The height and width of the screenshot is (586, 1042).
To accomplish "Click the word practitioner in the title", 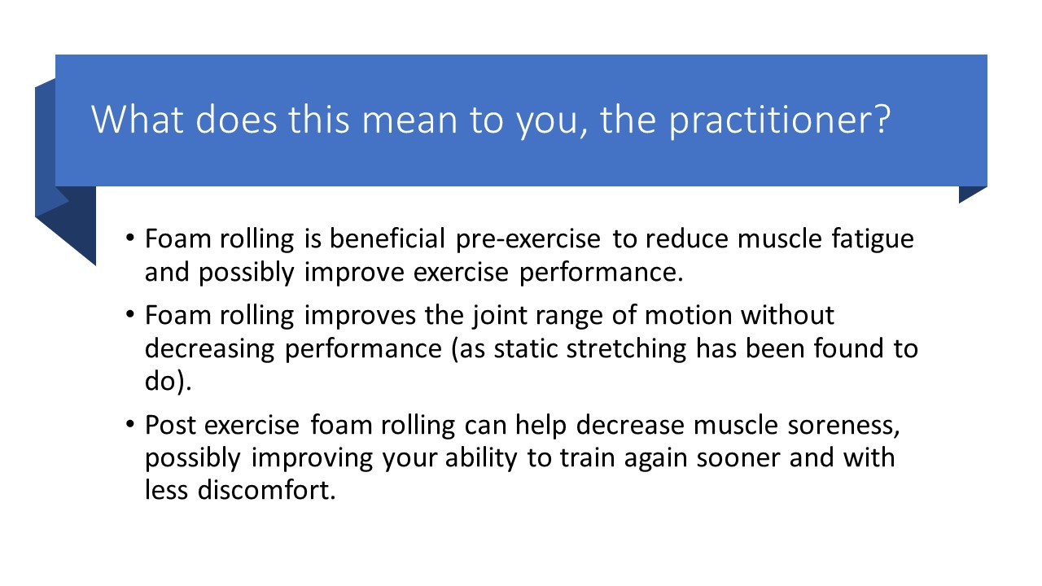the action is pos(780,120).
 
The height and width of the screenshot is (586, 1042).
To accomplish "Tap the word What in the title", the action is pos(138,120).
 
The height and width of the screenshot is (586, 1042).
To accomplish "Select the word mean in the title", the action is pos(409,122).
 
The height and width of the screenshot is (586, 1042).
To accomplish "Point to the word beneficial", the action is pos(387,238).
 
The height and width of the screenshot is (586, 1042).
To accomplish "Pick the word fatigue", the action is pos(873,240).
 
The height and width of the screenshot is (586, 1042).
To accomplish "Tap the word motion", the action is pos(689,316).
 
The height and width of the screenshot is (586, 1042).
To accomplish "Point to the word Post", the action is pos(170,425).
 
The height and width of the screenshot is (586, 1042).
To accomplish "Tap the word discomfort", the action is pos(266,490).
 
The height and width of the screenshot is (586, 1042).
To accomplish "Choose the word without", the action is pos(787,315).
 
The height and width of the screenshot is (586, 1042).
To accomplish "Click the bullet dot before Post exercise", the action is pos(130,425).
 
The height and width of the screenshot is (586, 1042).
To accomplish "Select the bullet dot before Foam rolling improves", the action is pos(130,315).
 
